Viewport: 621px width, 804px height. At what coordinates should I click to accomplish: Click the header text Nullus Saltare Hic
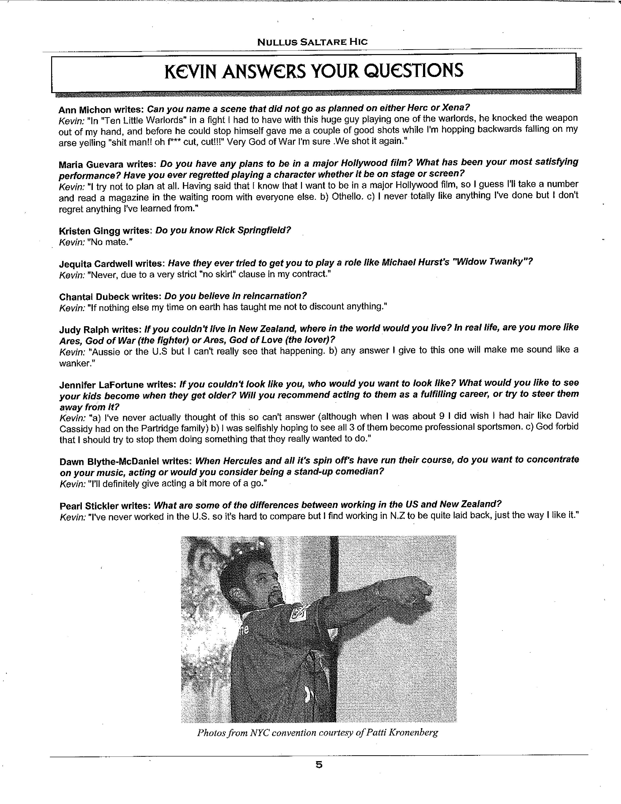(x=312, y=42)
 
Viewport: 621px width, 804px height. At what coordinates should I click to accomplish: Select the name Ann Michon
(x=85, y=110)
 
